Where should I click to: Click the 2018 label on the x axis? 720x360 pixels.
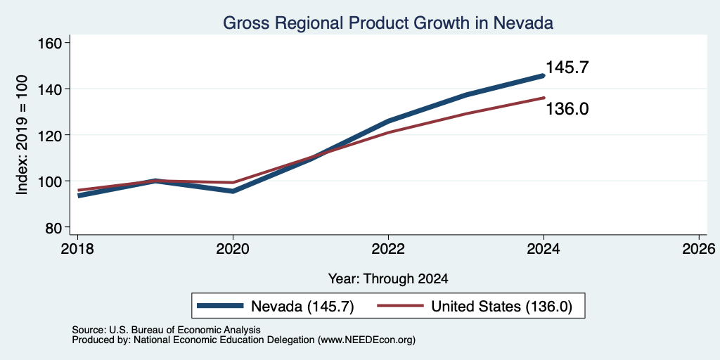pos(77,249)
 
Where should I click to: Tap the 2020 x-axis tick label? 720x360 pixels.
pos(233,249)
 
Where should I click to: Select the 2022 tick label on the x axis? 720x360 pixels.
pos(388,249)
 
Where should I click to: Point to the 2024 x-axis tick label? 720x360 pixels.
pos(544,249)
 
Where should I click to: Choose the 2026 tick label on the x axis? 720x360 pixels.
pos(699,249)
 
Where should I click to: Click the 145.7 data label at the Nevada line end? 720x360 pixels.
pos(567,67)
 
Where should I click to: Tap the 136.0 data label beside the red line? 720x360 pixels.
pos(567,109)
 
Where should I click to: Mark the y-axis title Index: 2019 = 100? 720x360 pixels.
pos(22,134)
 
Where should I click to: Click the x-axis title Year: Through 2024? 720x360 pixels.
pos(388,278)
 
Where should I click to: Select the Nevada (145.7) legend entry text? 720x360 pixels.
pos(302,307)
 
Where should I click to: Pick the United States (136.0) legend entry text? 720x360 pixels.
pos(501,307)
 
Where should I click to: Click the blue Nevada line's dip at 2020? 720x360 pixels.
pos(233,191)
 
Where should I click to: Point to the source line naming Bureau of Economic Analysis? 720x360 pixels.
pos(166,330)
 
